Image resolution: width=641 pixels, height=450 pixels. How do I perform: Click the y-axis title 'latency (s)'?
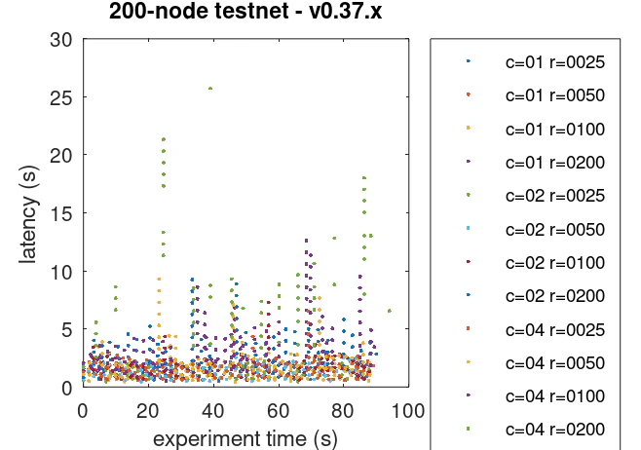point(30,213)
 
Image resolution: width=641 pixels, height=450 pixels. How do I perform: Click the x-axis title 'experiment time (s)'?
point(245,438)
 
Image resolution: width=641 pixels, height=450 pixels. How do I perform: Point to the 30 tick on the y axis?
point(61,40)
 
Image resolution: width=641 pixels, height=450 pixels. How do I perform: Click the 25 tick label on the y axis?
point(61,97)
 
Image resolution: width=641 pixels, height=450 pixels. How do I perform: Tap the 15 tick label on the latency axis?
point(61,213)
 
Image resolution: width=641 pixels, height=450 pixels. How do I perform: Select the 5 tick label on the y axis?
point(67,329)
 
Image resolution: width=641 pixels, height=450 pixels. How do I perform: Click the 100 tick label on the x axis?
point(407,409)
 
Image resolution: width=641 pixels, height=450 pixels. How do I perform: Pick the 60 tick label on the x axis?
point(278,409)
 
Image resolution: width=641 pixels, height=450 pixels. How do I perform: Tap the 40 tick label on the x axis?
point(212,409)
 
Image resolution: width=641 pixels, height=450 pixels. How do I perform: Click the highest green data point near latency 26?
point(210,89)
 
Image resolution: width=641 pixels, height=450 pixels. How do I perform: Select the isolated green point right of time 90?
point(390,311)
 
